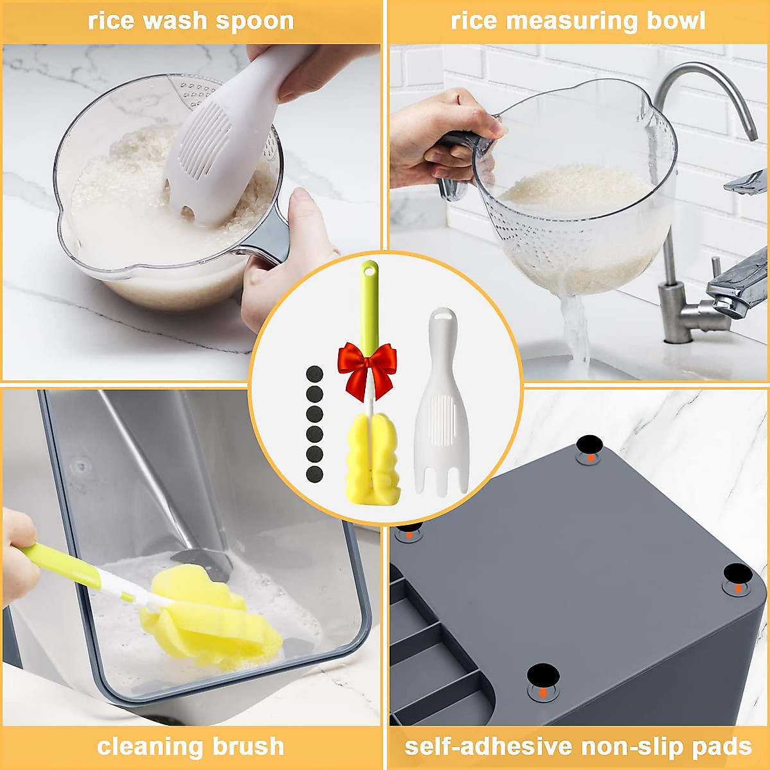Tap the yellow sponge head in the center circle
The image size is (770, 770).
(x=373, y=459)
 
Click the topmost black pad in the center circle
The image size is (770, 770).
(x=314, y=373)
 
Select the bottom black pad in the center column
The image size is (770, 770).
(x=314, y=474)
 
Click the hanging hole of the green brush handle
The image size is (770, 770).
(x=370, y=269)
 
